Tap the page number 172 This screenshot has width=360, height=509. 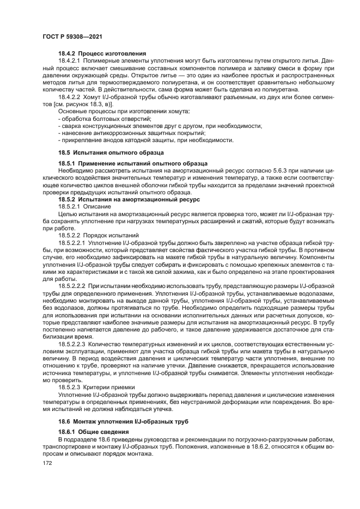pos(47,463)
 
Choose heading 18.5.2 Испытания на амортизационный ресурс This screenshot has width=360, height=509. pos(126,200)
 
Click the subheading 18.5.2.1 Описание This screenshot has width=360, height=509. pos(84,207)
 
